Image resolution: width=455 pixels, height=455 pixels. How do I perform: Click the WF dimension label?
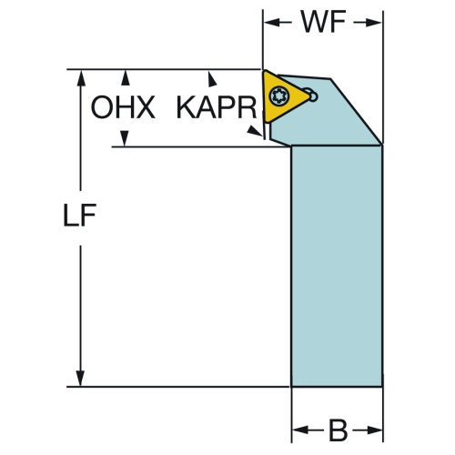(323, 22)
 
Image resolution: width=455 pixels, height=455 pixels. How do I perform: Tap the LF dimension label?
(79, 215)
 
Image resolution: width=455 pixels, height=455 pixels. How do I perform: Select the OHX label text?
(123, 107)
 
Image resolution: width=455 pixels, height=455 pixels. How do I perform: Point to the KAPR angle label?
(217, 107)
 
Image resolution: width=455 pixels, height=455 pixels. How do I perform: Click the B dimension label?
(338, 430)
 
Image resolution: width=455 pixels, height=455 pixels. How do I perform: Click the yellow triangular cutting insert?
(283, 96)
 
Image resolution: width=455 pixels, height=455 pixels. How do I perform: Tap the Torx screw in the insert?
(279, 96)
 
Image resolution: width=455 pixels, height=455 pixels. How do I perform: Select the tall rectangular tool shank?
(337, 266)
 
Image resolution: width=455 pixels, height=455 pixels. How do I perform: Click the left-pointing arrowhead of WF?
(271, 22)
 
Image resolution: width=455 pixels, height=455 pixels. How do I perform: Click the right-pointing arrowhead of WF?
(374, 23)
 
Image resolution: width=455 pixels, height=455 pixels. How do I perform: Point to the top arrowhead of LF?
(81, 77)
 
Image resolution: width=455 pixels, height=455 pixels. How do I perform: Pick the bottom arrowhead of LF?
(80, 379)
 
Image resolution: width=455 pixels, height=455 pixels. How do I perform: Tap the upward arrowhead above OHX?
(126, 77)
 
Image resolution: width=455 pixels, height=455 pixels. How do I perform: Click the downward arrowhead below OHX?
(125, 138)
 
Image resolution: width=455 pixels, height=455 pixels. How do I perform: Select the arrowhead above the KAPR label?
(212, 79)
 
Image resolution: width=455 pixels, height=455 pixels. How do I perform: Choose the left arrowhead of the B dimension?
(300, 430)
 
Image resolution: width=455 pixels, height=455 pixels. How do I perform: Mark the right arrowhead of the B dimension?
(374, 430)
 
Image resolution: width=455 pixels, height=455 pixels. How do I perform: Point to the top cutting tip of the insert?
(265, 72)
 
